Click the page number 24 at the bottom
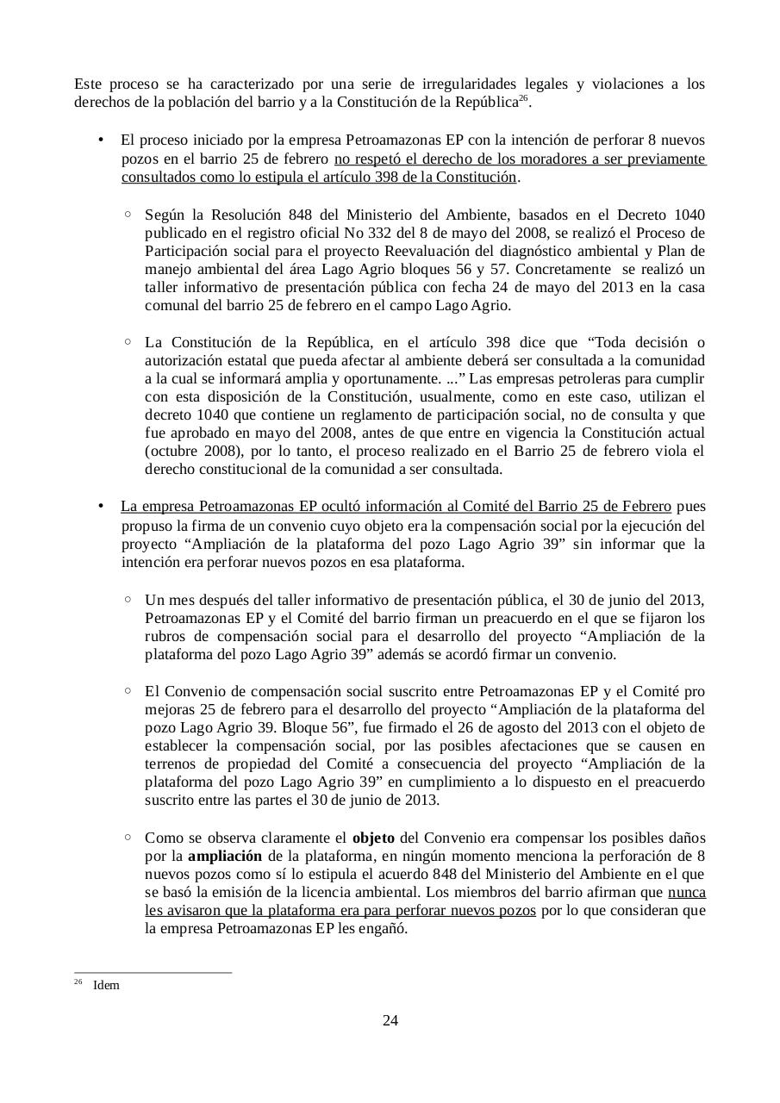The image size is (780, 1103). pyautogui.click(x=390, y=1021)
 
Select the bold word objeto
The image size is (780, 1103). pyautogui.click(x=373, y=838)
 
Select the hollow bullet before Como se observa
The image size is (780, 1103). pyautogui.click(x=128, y=837)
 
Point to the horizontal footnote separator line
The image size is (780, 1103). pyautogui.click(x=153, y=973)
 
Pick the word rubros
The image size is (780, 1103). pyautogui.click(x=165, y=637)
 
